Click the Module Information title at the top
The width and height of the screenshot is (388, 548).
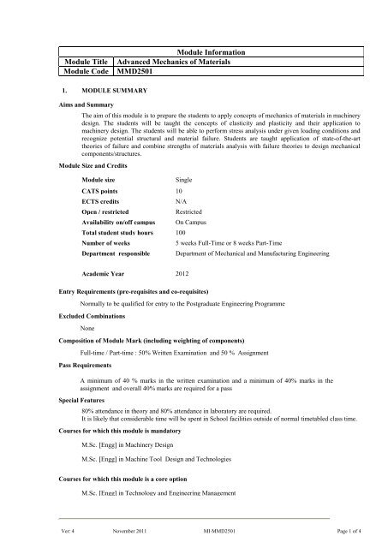point(214,53)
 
